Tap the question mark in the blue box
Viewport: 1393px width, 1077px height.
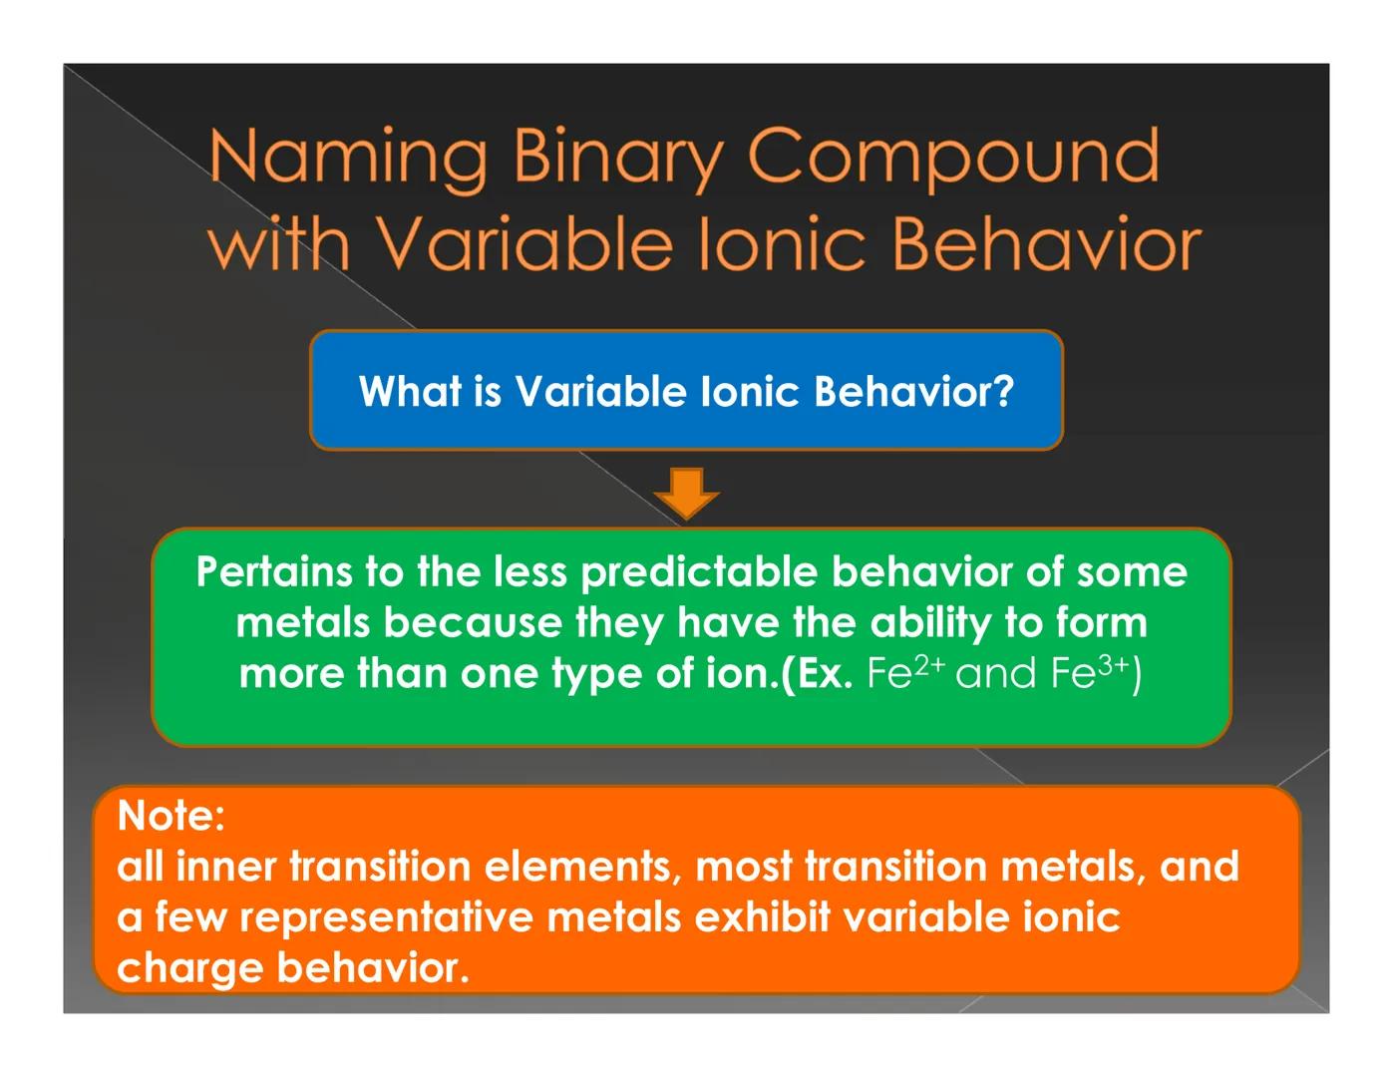[1003, 391]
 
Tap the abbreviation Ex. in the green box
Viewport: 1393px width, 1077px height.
[821, 674]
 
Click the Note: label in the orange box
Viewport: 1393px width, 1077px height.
[171, 816]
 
